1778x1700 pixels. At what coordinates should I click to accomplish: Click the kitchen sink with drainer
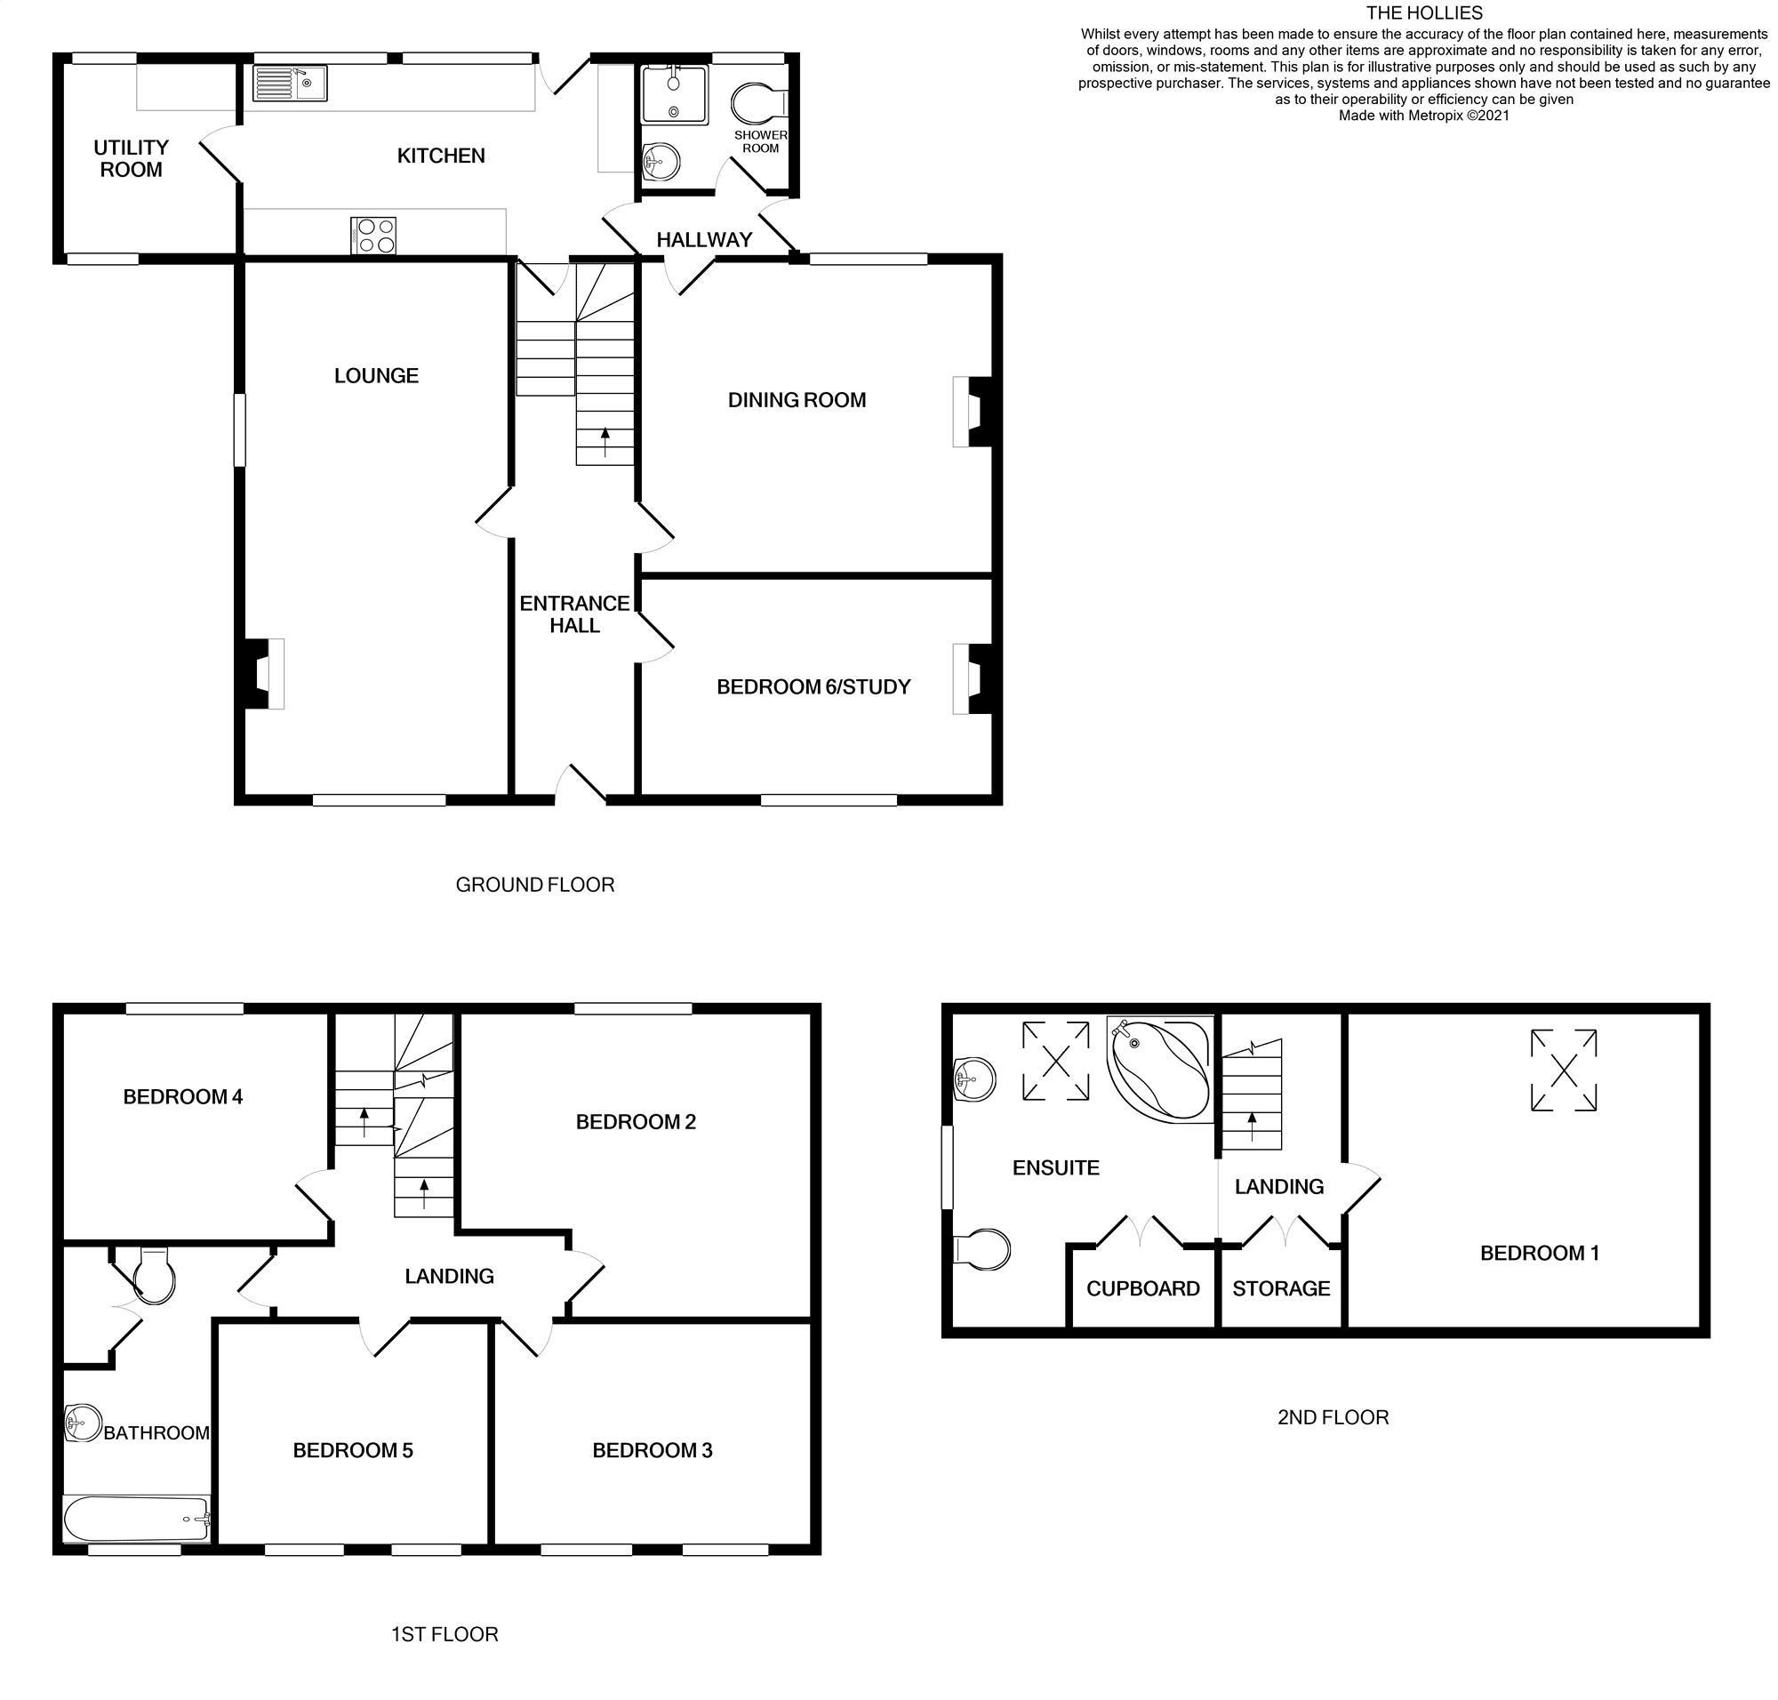[289, 84]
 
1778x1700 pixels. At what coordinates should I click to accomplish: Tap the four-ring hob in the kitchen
[373, 236]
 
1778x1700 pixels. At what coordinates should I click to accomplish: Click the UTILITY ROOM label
[132, 158]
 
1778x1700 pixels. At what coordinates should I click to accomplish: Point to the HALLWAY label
[703, 240]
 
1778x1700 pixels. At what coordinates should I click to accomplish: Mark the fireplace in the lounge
[264, 673]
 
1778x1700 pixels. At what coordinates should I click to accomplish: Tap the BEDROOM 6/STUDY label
[812, 687]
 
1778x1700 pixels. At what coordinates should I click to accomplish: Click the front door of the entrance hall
[580, 787]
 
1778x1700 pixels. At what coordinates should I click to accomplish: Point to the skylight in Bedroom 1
[1562, 1071]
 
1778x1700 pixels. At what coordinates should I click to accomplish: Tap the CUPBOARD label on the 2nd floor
[1141, 1288]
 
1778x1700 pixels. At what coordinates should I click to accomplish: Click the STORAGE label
[1280, 1288]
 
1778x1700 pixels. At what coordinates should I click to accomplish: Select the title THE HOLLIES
[1423, 12]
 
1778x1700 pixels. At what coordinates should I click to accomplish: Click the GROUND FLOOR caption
[534, 885]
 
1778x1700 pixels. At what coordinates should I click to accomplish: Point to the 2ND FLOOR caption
[1332, 1417]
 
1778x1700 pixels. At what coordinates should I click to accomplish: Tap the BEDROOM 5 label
[353, 1451]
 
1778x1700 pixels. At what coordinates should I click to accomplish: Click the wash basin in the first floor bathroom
[83, 1423]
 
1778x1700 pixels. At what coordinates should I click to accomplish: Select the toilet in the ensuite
[982, 1249]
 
